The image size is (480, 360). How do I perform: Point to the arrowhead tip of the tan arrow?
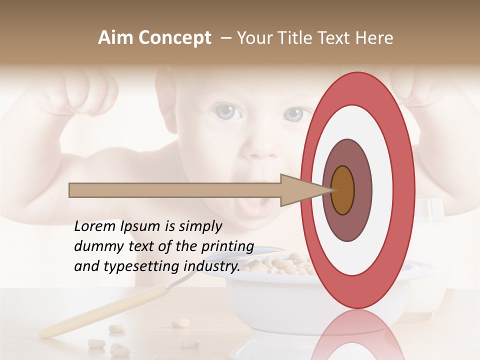pyautogui.click(x=333, y=190)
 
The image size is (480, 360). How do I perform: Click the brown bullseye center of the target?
pyautogui.click(x=342, y=190)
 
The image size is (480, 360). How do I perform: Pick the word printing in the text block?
pyautogui.click(x=227, y=246)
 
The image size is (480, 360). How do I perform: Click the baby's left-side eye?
pyautogui.click(x=226, y=112)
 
